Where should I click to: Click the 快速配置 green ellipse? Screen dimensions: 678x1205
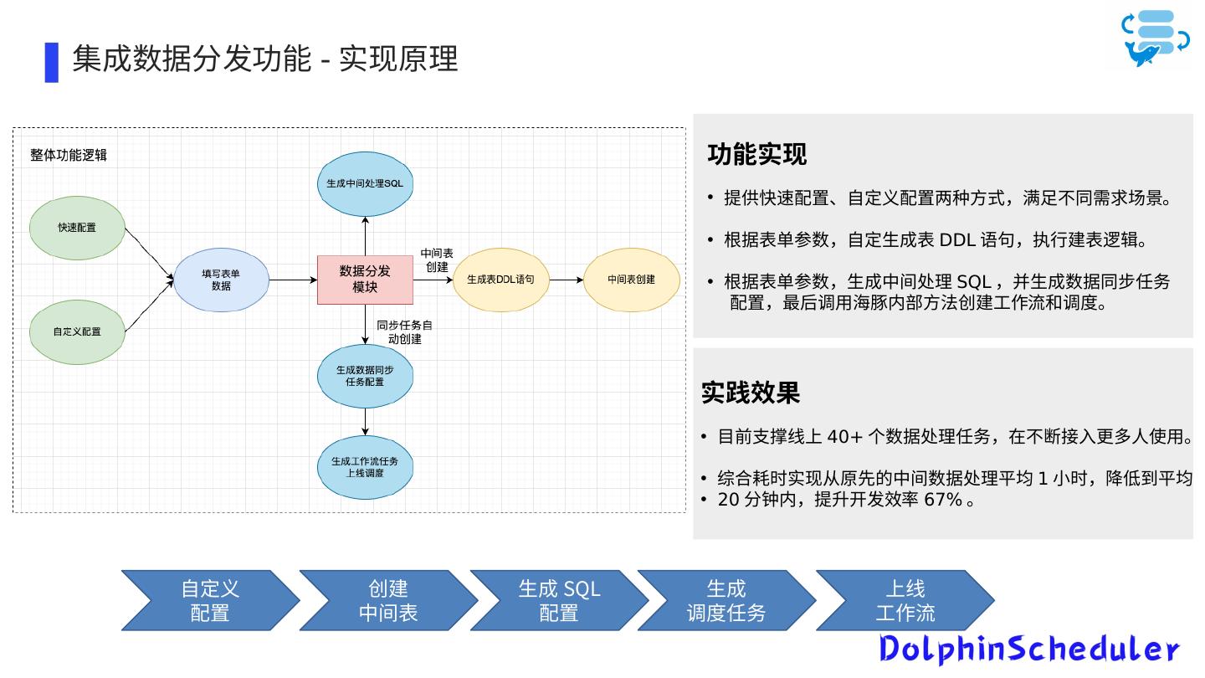point(77,228)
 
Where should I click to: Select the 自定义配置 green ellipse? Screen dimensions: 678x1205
point(77,331)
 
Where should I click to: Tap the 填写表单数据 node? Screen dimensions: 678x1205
point(221,280)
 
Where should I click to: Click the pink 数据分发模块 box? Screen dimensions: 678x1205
point(365,280)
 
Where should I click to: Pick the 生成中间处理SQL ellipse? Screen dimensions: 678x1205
point(365,183)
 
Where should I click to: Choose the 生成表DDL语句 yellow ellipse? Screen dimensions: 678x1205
point(500,280)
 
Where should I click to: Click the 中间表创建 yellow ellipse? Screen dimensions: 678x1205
point(631,280)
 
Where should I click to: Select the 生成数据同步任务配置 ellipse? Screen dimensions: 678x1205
point(365,376)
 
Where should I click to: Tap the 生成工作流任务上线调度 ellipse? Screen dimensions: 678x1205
point(365,467)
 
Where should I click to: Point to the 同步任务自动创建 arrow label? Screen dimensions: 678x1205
point(404,332)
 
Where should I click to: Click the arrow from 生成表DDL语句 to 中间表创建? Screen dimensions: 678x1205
point(566,280)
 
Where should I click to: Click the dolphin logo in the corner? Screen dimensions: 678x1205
point(1155,39)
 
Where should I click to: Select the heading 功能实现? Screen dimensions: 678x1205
point(756,155)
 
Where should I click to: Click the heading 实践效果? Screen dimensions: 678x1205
point(751,393)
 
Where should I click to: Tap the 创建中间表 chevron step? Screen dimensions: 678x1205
point(388,600)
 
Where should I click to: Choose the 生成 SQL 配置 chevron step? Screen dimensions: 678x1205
point(558,600)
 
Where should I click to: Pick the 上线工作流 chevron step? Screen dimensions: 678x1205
point(905,600)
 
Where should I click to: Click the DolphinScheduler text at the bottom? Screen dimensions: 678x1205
point(1028,649)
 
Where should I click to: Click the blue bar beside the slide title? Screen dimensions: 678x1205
point(52,62)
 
